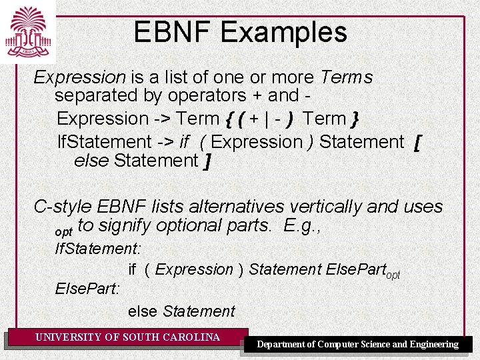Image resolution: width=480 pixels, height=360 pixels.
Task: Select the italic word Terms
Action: (x=346, y=77)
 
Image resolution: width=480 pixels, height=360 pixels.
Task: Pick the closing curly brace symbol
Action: (x=355, y=119)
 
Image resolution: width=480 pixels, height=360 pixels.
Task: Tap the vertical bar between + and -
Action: (x=267, y=119)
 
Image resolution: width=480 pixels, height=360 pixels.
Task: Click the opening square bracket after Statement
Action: (x=417, y=142)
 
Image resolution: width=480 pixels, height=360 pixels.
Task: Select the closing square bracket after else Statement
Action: (x=208, y=161)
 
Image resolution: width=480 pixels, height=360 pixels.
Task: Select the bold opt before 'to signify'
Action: (x=64, y=231)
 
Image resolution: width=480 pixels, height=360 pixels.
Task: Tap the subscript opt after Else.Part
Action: (x=393, y=275)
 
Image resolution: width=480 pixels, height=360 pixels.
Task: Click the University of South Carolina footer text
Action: (x=127, y=337)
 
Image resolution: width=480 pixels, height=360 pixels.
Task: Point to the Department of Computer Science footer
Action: (x=358, y=344)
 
